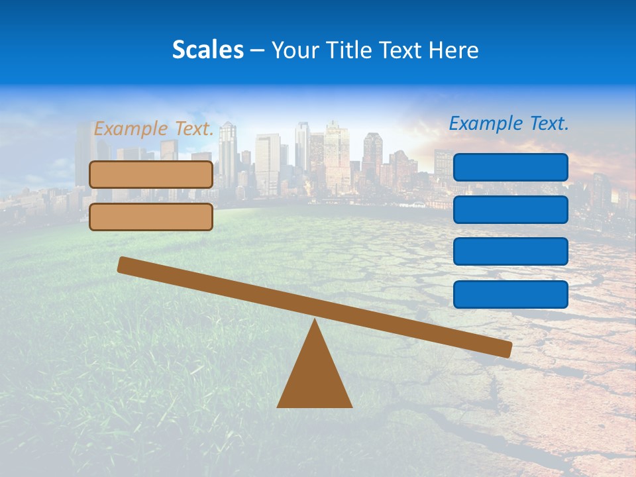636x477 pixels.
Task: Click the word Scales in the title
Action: coord(207,50)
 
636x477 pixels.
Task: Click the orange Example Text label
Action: coord(154,129)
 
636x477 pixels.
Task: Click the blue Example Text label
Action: coord(509,123)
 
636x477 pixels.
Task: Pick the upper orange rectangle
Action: coord(151,174)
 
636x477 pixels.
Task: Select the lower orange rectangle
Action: coord(151,217)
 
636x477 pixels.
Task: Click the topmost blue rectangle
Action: coord(511,167)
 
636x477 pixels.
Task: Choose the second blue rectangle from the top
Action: coord(511,209)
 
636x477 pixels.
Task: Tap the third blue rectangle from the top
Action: coord(511,252)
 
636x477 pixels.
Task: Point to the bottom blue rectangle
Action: coord(511,294)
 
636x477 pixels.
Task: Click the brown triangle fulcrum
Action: coord(314,378)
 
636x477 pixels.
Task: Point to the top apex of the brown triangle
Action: coord(315,321)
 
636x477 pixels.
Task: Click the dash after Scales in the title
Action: coord(257,50)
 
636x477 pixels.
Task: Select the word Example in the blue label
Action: coord(484,123)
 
